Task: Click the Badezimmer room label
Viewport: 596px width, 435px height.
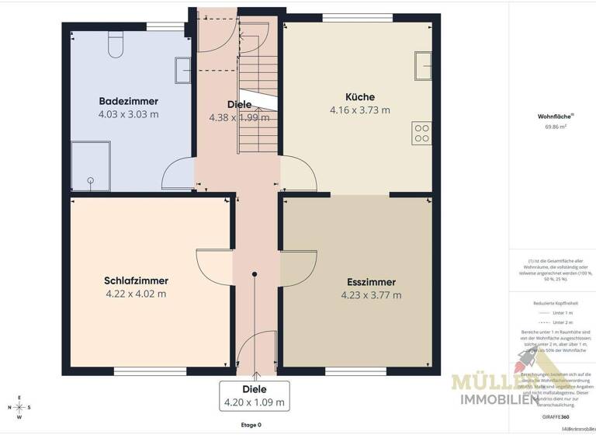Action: (x=128, y=101)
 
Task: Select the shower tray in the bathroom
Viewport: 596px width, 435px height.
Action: (x=93, y=166)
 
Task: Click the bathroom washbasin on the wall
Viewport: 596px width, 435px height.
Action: (x=183, y=70)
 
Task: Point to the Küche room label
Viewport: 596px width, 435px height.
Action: (x=360, y=96)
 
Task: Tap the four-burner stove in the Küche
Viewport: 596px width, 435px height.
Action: (x=422, y=133)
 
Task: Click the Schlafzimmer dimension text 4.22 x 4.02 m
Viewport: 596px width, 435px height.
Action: (x=136, y=294)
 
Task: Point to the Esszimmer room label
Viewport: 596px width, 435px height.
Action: (x=371, y=282)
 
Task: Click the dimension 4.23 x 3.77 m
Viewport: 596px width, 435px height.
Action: (x=371, y=295)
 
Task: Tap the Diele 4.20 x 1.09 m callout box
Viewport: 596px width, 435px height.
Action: (x=255, y=395)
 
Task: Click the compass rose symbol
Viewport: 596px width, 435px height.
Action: (x=19, y=407)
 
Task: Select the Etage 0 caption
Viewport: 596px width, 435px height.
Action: (x=251, y=425)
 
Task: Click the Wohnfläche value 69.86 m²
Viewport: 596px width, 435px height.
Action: (x=552, y=126)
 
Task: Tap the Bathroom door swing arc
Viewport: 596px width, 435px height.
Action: (x=177, y=172)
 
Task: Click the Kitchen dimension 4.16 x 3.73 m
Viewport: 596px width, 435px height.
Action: (x=360, y=110)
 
